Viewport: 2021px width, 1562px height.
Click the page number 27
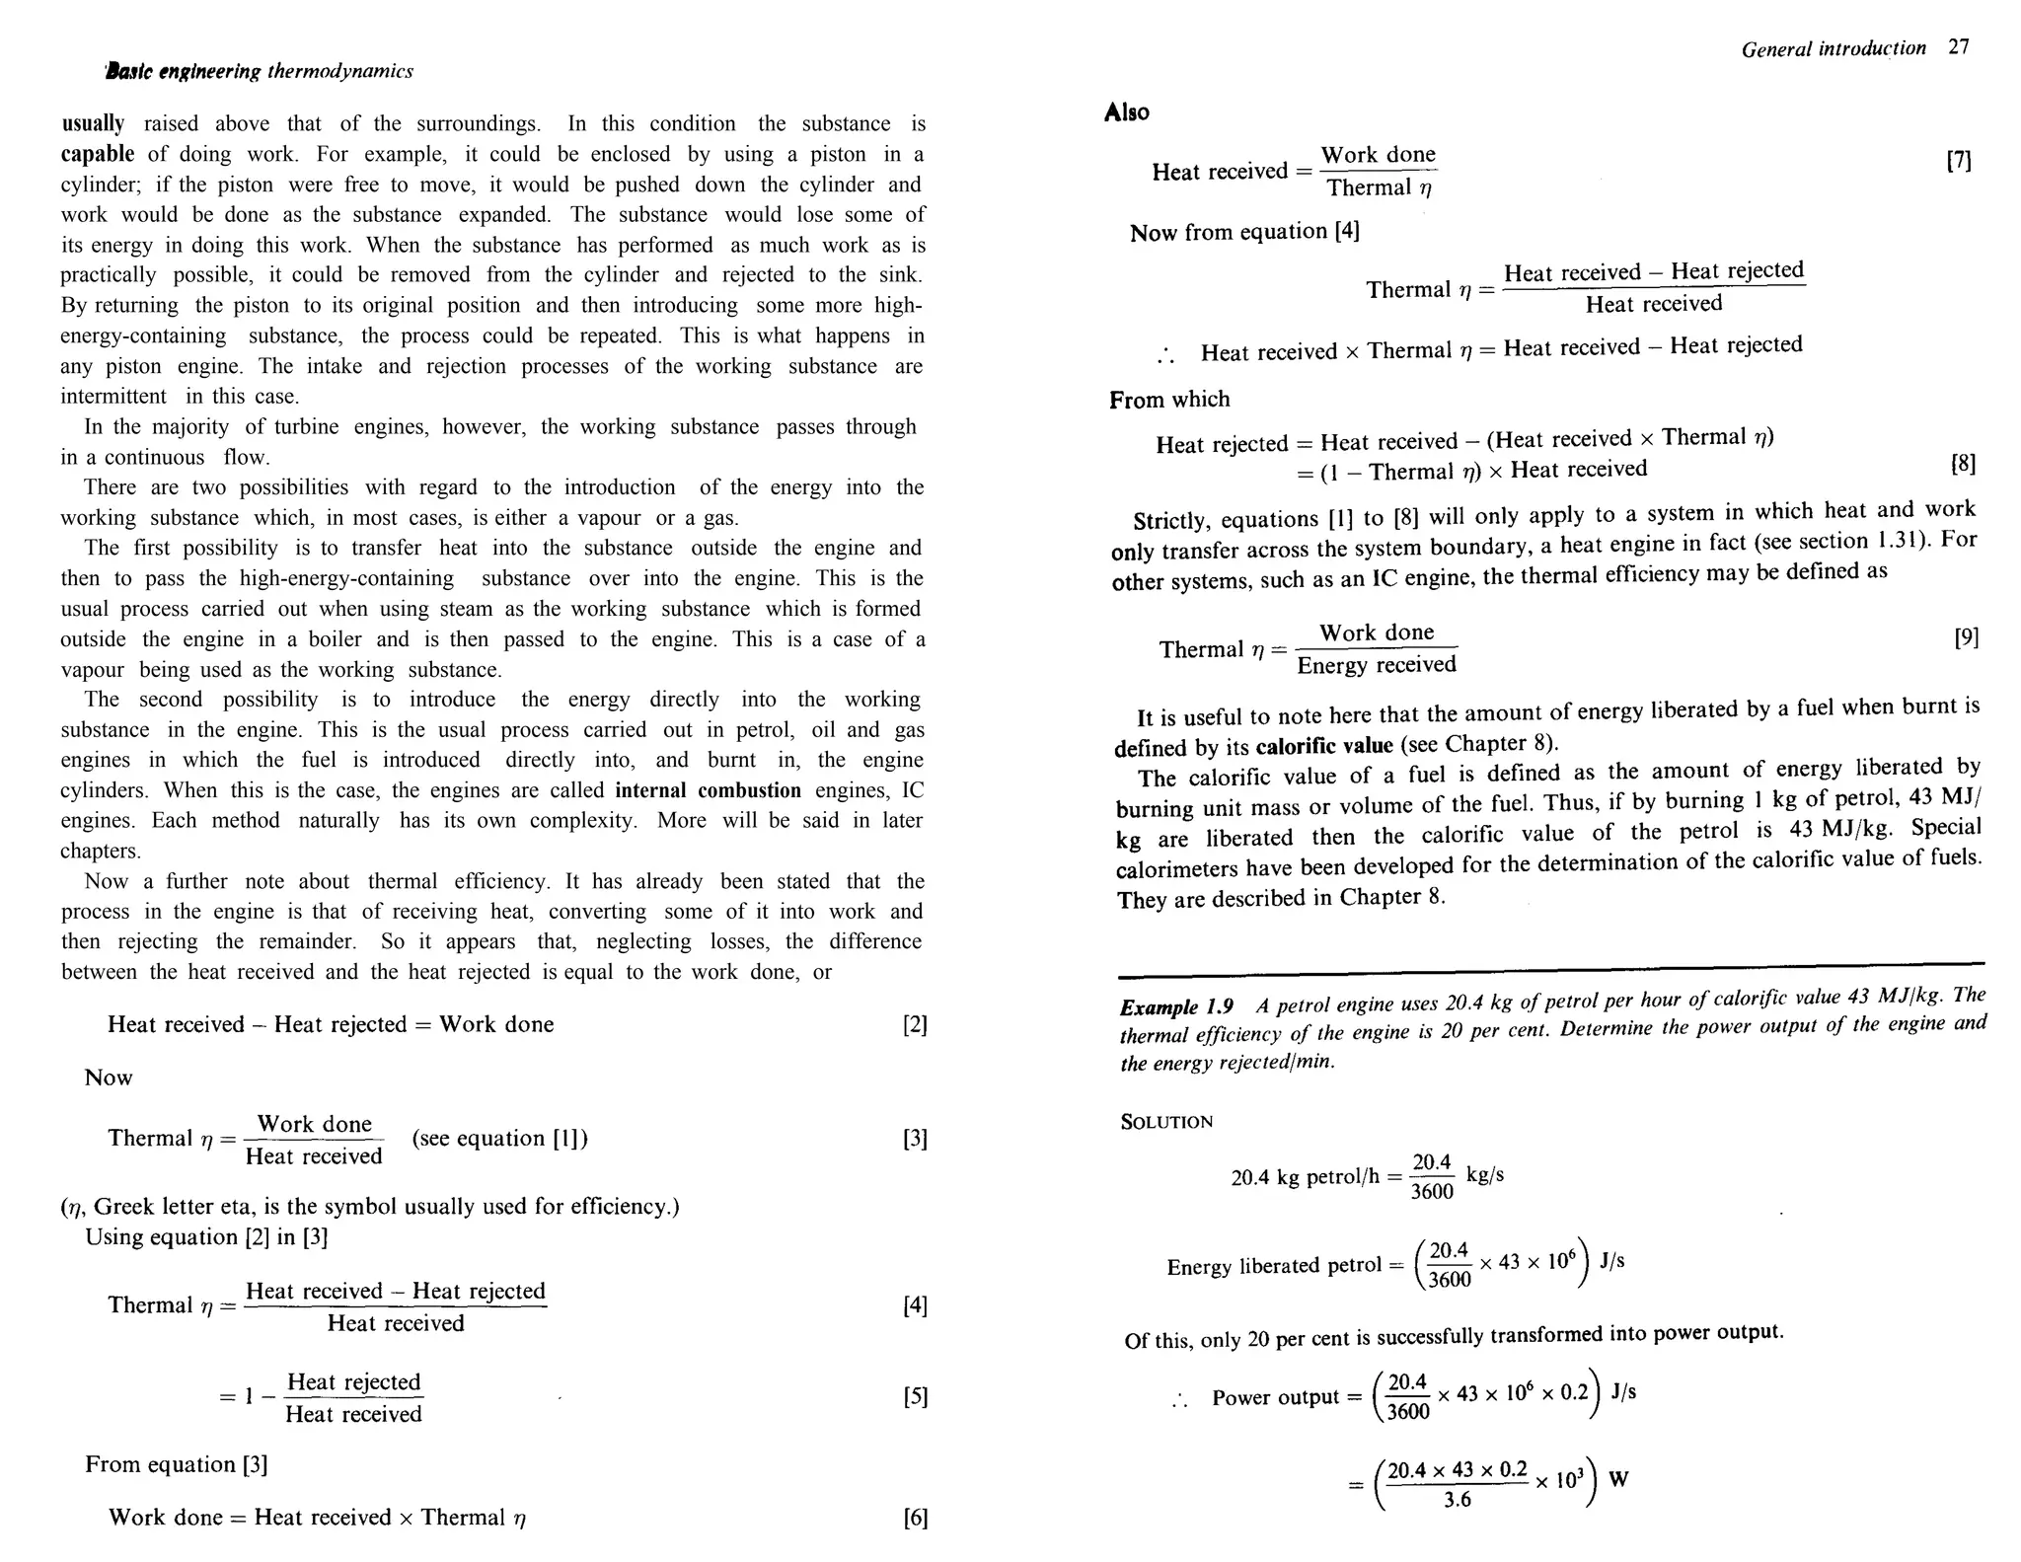(x=1959, y=46)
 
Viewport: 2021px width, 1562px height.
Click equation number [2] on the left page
(x=915, y=1025)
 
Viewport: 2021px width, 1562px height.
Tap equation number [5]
(x=915, y=1397)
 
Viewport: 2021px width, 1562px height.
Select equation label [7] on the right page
(x=1959, y=161)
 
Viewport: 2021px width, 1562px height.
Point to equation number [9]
(x=1966, y=637)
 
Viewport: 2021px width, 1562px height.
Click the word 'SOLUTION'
(x=1166, y=1122)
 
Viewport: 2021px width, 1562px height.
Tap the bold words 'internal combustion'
(x=708, y=790)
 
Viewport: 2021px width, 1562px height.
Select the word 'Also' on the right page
(x=1126, y=112)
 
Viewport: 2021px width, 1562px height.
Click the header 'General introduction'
(x=1833, y=49)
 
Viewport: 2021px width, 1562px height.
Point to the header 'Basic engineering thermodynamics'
(x=260, y=71)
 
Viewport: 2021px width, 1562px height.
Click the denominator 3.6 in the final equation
(x=1457, y=1501)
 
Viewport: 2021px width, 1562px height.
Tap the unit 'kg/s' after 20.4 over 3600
(x=1485, y=1174)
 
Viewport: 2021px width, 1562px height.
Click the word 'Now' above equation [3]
(x=109, y=1078)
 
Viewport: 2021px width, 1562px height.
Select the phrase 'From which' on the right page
(x=1169, y=400)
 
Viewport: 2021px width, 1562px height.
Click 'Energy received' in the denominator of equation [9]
(x=1377, y=665)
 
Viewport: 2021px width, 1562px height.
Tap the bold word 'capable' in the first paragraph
(x=98, y=154)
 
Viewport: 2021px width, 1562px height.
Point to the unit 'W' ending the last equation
(x=1618, y=1479)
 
